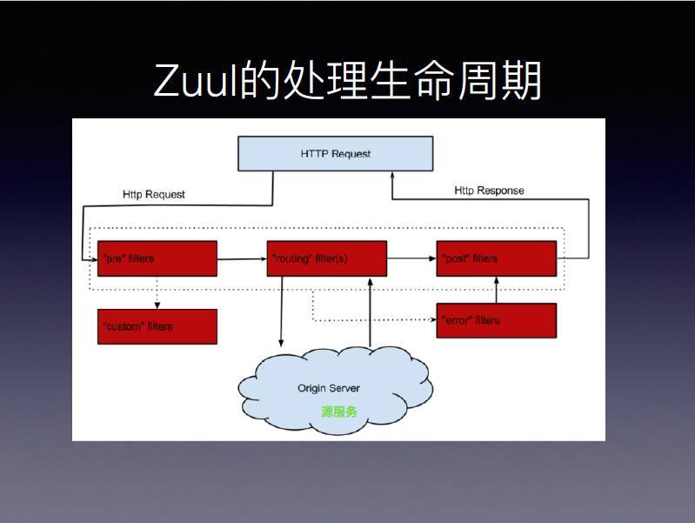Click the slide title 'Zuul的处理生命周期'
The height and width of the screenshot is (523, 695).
[347, 81]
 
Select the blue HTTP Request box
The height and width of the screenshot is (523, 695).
[335, 154]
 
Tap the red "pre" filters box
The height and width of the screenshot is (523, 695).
[157, 258]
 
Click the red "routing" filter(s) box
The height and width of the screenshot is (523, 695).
[326, 258]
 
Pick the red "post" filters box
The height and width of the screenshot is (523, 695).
[496, 258]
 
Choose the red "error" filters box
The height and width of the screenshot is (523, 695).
[496, 320]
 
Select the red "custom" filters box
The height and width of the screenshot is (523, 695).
[157, 326]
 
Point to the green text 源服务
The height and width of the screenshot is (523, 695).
[338, 412]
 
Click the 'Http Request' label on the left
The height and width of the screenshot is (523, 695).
[154, 194]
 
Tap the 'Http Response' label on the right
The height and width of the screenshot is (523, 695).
[489, 191]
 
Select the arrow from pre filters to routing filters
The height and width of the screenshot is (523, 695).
[242, 258]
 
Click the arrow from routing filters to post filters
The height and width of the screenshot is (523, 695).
[411, 258]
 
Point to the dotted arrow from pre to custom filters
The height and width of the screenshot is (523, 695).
[157, 292]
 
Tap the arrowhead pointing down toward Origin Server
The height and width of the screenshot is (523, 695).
[280, 341]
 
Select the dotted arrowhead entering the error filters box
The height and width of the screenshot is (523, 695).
[432, 320]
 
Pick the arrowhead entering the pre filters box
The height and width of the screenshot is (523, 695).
[93, 258]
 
